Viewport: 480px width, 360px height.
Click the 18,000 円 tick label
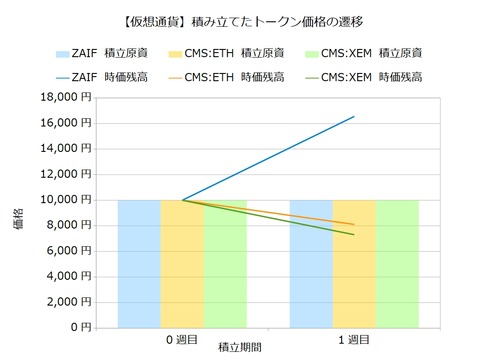64,97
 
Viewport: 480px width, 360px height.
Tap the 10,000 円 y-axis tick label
64,199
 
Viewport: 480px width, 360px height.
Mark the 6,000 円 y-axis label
68,250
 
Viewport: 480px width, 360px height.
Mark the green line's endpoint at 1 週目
354,234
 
